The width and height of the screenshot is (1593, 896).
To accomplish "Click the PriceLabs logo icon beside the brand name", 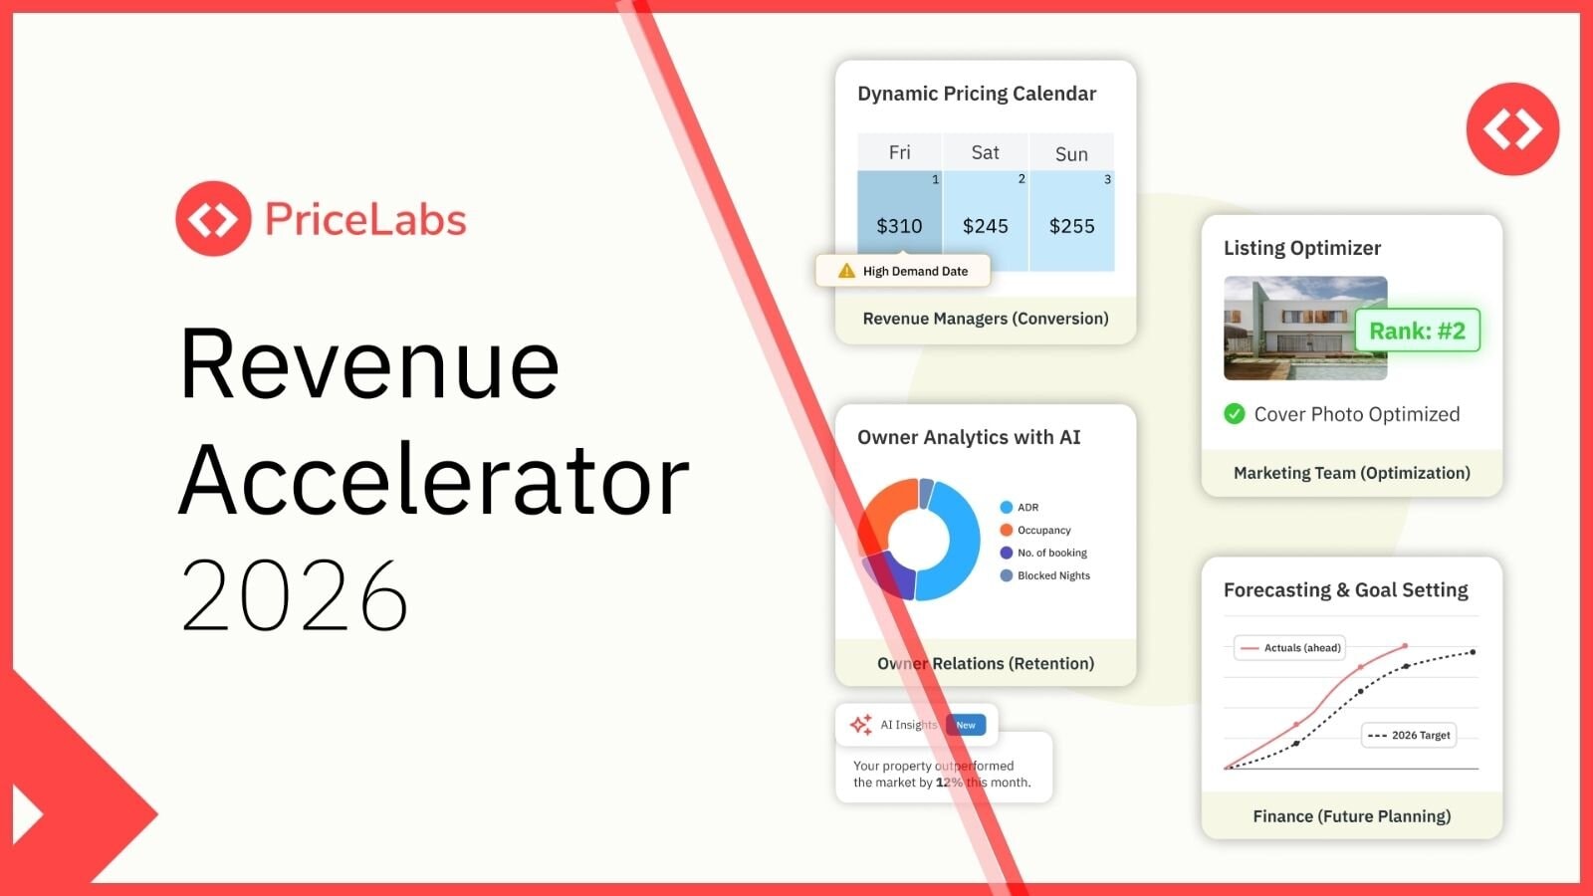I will pos(213,219).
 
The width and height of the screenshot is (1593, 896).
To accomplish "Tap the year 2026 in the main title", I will pos(295,596).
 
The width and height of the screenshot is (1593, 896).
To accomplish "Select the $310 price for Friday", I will pos(899,226).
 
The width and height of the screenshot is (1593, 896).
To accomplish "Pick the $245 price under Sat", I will pos(986,226).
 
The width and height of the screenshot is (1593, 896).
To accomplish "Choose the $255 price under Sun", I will pos(1071,226).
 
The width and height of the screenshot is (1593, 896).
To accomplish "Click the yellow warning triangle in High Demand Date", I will pos(846,271).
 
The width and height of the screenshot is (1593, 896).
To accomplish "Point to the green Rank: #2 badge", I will pos(1417,331).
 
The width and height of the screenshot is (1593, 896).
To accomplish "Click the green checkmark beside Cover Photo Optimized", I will pos(1235,414).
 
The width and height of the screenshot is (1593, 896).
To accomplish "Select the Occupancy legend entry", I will pos(1043,531).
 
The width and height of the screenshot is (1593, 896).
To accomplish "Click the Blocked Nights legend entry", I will pos(1052,575).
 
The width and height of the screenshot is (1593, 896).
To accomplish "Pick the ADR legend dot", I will pos(1007,508).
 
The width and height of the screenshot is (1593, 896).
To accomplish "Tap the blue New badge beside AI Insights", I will pos(966,725).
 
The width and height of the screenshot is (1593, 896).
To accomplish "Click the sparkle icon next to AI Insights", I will pos(861,725).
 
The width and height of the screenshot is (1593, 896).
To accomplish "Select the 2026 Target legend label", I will pos(1420,736).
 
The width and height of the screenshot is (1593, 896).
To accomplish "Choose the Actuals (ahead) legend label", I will pos(1301,648).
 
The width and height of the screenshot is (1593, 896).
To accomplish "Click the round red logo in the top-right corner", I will pos(1512,129).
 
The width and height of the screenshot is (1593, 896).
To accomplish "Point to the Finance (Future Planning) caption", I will pos(1351,816).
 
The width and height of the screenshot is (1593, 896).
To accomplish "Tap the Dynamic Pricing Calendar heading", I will pos(976,94).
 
